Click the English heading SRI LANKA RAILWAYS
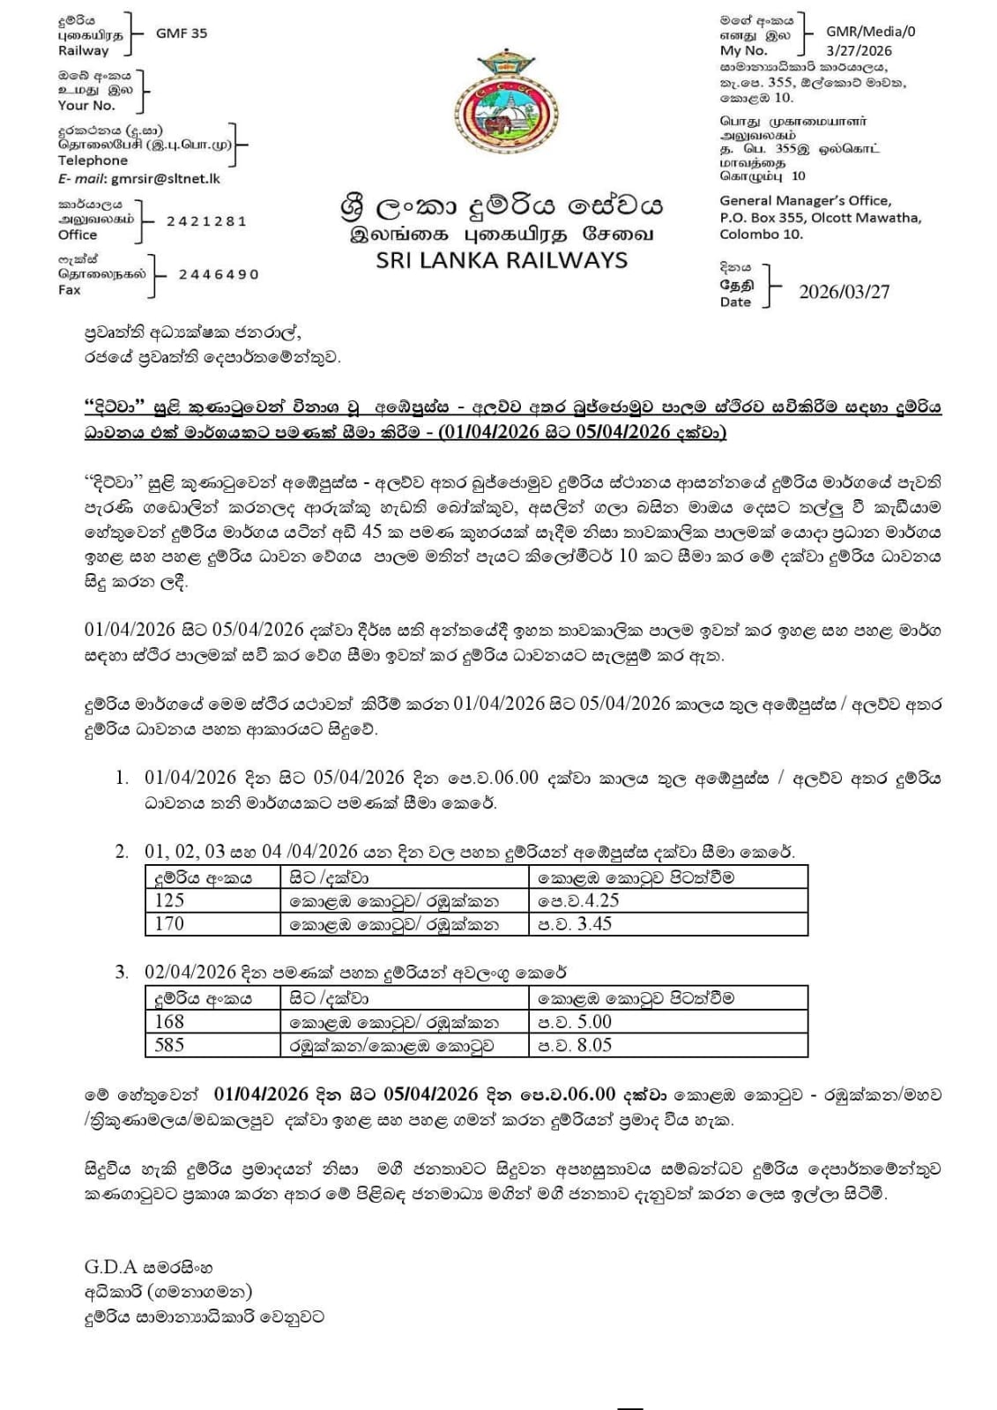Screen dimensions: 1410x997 [502, 260]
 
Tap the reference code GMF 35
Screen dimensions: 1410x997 [182, 34]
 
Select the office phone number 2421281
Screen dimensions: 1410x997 [206, 221]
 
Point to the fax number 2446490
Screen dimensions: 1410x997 [219, 274]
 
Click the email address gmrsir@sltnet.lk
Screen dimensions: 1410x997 [165, 178]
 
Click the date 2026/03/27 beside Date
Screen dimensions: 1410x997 [844, 292]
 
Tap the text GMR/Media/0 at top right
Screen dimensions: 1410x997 [870, 31]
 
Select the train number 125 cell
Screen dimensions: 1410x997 [169, 900]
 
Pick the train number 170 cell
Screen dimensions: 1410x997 [169, 923]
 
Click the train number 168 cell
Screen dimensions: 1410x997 [169, 1022]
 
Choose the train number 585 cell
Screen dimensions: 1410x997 [169, 1045]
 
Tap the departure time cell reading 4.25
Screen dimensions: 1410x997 [578, 900]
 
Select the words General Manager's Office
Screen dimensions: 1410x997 [805, 201]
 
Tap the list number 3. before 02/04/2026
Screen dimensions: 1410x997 [122, 973]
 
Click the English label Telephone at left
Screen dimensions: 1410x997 [93, 160]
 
